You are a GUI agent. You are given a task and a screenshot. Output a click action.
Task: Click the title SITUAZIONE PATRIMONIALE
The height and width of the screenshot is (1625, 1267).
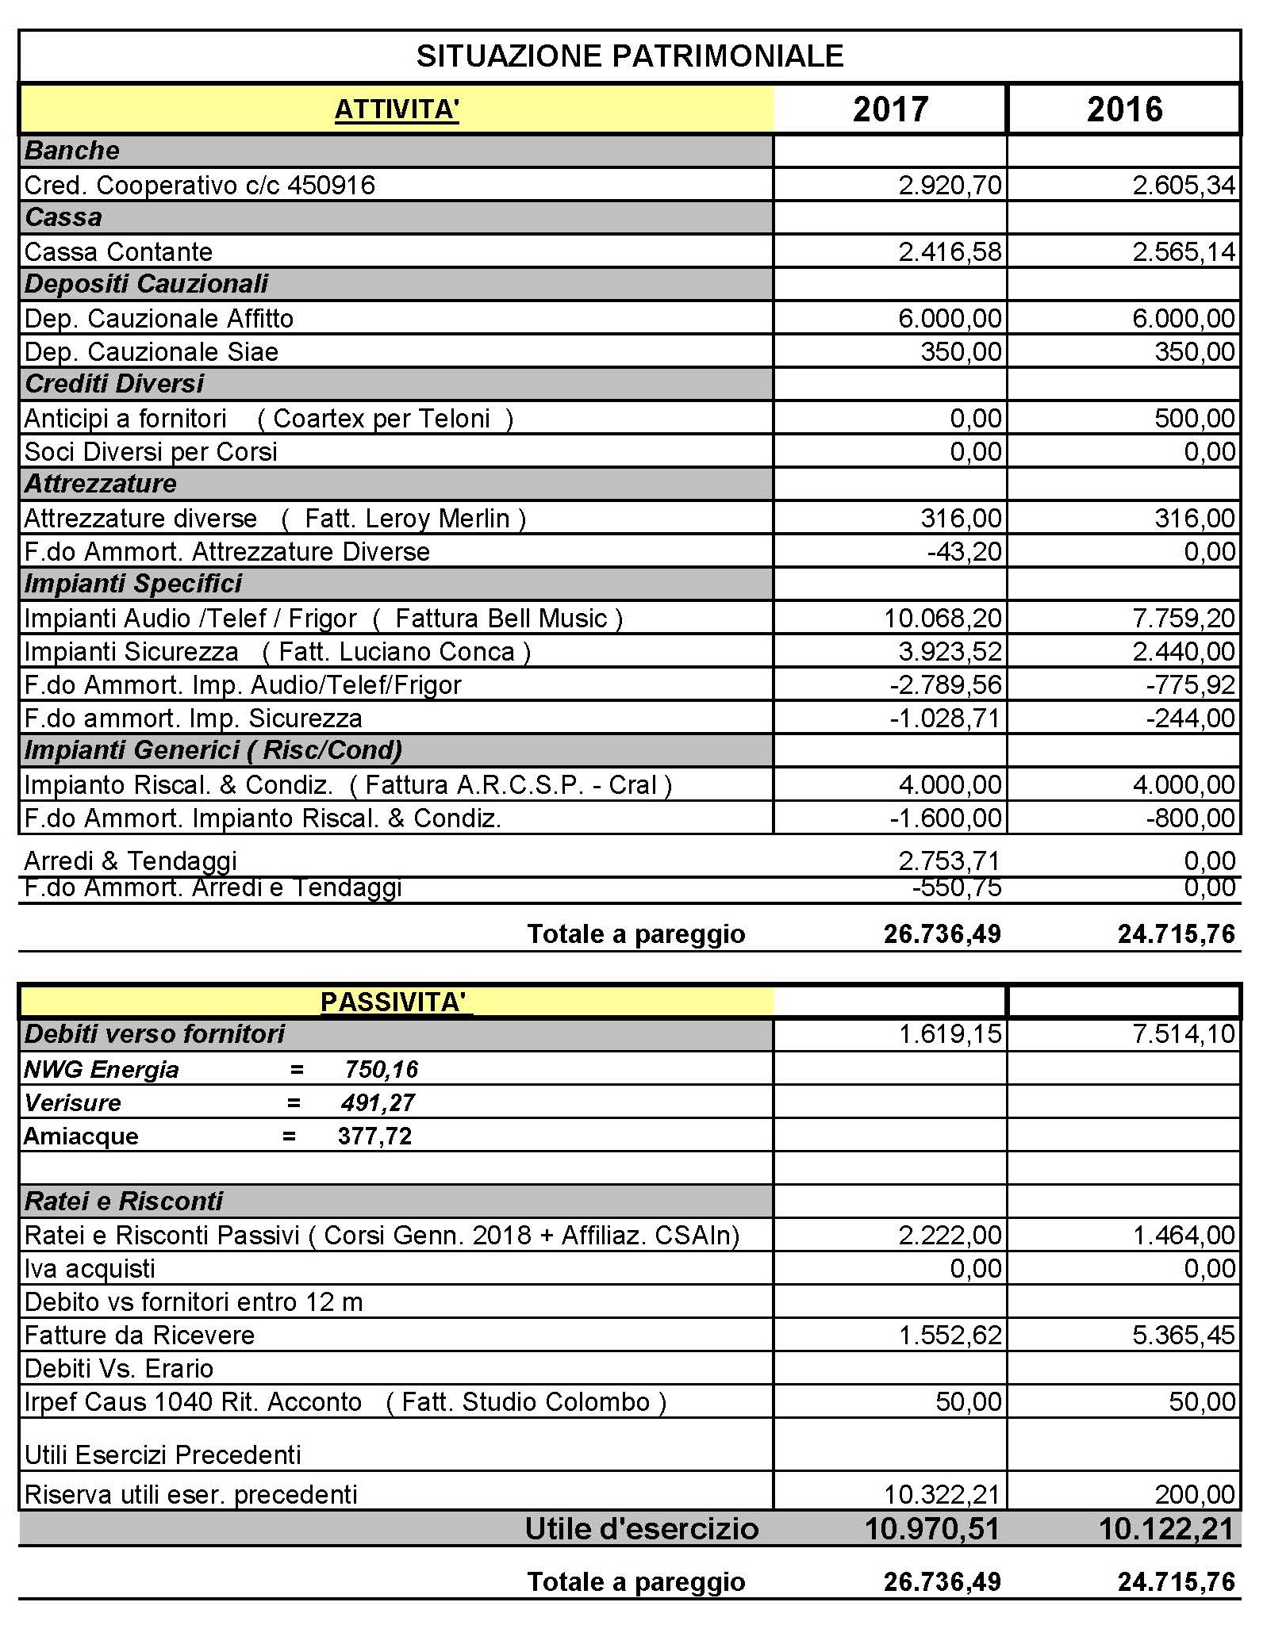(x=629, y=56)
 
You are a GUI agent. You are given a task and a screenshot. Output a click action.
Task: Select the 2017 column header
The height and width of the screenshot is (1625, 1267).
(x=890, y=109)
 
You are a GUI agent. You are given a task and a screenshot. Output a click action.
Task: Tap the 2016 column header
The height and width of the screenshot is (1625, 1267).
(x=1124, y=109)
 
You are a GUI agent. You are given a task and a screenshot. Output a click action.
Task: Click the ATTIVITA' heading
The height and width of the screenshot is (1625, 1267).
(x=397, y=109)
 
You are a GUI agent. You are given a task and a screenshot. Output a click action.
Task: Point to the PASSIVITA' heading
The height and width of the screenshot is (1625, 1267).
(x=394, y=1002)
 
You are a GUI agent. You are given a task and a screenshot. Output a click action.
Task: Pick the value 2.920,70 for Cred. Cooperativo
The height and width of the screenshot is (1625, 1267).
(x=950, y=186)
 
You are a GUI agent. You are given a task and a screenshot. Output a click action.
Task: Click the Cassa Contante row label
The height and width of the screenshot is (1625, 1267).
(x=119, y=252)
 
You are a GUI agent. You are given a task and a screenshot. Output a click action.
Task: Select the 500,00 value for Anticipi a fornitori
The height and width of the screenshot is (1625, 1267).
(x=1194, y=419)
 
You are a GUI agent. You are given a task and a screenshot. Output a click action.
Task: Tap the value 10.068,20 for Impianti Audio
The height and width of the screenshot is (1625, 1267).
(x=943, y=619)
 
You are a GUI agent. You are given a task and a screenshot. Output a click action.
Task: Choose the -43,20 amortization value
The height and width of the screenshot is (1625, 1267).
(x=964, y=552)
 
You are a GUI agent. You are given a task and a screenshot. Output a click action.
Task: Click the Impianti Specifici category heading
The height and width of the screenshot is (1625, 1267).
(x=133, y=584)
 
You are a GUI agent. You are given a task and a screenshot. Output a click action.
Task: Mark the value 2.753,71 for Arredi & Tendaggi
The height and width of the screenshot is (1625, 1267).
(x=950, y=861)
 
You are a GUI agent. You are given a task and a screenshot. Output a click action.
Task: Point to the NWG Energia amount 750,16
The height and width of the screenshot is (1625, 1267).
(x=381, y=1070)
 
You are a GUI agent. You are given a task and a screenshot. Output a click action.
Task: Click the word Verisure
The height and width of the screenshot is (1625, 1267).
(x=73, y=1103)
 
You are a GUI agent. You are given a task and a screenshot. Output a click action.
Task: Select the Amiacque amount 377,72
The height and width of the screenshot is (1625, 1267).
(x=374, y=1136)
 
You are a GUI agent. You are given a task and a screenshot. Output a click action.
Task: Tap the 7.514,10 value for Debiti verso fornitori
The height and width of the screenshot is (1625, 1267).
(x=1183, y=1034)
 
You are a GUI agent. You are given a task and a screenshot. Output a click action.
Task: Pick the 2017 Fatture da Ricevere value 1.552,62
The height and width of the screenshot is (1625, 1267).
(x=950, y=1336)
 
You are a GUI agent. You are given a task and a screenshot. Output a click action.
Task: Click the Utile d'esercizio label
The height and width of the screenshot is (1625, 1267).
(x=641, y=1528)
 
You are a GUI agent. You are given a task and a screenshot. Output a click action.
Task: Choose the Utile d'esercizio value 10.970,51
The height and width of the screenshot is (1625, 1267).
(x=931, y=1528)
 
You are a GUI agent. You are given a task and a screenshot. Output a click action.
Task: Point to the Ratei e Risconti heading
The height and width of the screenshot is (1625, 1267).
(x=124, y=1202)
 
